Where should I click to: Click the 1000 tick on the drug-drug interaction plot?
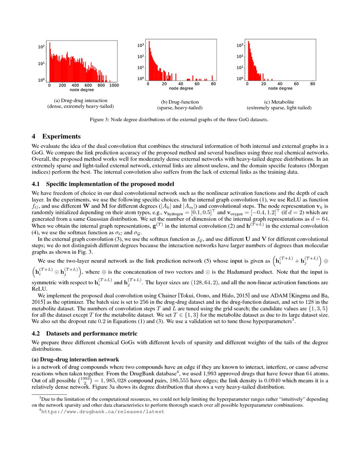pyautogui.click(x=113, y=85)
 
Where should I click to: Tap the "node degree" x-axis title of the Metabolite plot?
pyautogui.click(x=280, y=89)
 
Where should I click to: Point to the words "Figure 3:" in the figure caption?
pyautogui.click(x=101, y=120)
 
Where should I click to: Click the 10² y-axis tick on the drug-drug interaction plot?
pyautogui.click(x=42, y=47)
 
